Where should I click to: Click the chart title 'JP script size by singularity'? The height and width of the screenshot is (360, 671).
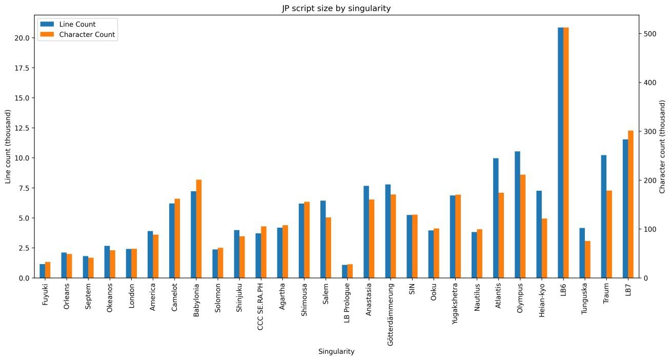coord(336,8)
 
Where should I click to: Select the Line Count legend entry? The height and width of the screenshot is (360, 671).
coord(77,24)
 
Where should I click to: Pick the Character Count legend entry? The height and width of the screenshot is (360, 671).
coord(87,35)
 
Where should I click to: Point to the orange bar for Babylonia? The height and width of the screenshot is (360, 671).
coord(198,229)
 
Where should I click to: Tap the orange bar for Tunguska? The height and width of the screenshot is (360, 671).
coord(587,259)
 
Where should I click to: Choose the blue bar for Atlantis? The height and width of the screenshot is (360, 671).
coord(496,218)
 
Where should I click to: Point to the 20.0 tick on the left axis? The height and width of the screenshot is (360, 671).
coord(25,38)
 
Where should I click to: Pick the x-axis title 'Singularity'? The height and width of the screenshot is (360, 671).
coord(336,352)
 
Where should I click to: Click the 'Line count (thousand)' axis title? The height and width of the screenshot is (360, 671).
coord(8,147)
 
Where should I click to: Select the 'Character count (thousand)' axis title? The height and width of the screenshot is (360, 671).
coord(662,147)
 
